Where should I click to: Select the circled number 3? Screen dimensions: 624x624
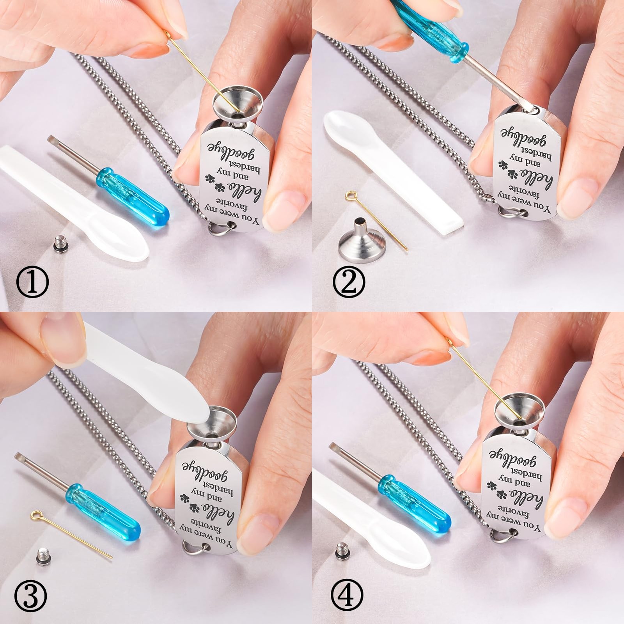(30, 595)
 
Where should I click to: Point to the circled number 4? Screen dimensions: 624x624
(347, 595)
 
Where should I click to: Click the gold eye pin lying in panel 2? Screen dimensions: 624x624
(376, 220)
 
